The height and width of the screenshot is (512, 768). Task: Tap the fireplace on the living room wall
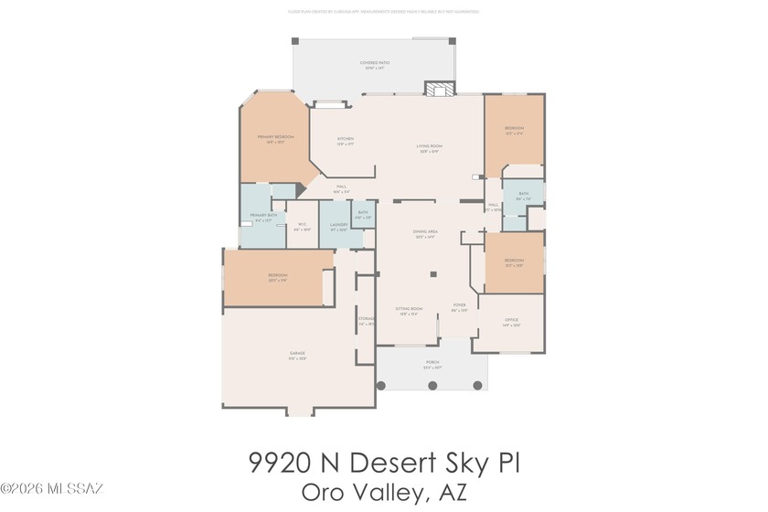(437, 89)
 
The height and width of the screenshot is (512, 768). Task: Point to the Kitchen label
(346, 141)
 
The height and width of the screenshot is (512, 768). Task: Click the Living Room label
(430, 148)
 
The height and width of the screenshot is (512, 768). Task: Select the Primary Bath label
(264, 217)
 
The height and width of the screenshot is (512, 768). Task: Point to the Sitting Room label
(409, 311)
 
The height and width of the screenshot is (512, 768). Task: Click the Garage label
(297, 355)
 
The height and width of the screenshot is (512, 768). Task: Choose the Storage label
(367, 320)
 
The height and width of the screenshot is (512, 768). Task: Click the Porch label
(432, 364)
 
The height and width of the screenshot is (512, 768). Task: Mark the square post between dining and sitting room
(434, 272)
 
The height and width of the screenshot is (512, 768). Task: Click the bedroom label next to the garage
(278, 277)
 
